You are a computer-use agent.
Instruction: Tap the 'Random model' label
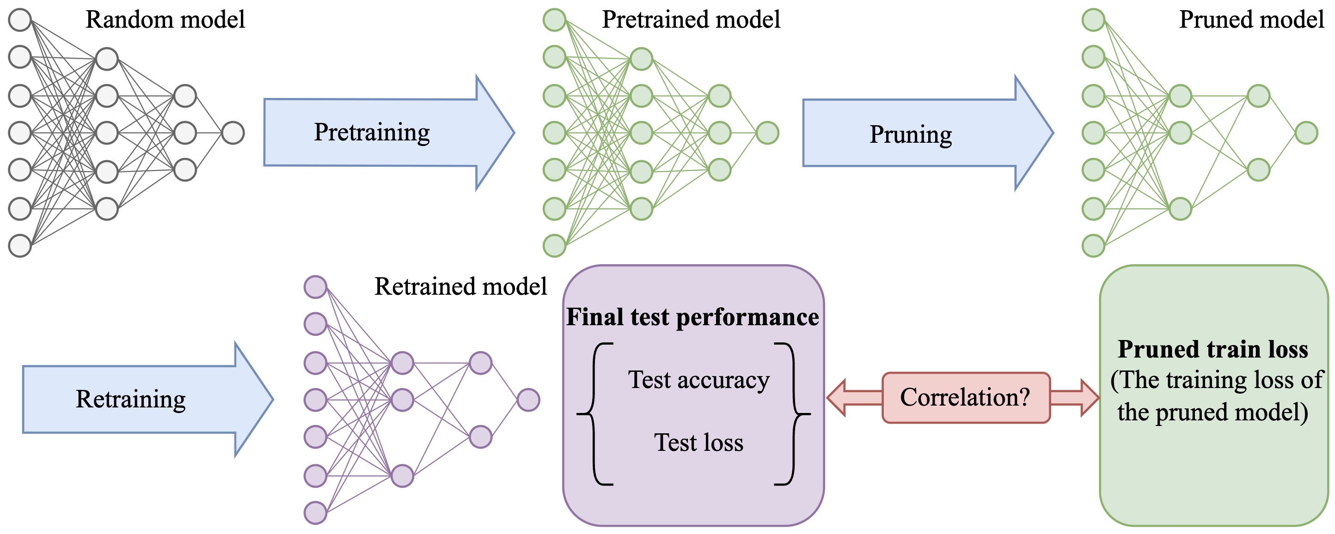click(165, 20)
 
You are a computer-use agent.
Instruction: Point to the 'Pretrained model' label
click(690, 20)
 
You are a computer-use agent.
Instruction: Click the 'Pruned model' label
click(1251, 20)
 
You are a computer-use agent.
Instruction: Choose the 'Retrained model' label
click(460, 286)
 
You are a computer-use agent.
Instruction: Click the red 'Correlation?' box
click(966, 398)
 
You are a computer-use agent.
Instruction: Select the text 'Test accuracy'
click(698, 380)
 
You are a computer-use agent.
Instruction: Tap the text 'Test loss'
click(698, 443)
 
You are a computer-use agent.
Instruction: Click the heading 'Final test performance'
click(692, 317)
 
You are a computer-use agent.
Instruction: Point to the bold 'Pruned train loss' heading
click(1213, 349)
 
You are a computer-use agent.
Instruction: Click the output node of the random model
click(233, 133)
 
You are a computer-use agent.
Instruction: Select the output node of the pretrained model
click(767, 133)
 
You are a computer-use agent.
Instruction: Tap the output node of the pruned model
click(1306, 133)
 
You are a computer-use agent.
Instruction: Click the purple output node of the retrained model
click(528, 400)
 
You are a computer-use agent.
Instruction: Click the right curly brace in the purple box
click(793, 414)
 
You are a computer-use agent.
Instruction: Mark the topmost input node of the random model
click(20, 20)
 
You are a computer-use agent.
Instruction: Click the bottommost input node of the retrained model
click(315, 513)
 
